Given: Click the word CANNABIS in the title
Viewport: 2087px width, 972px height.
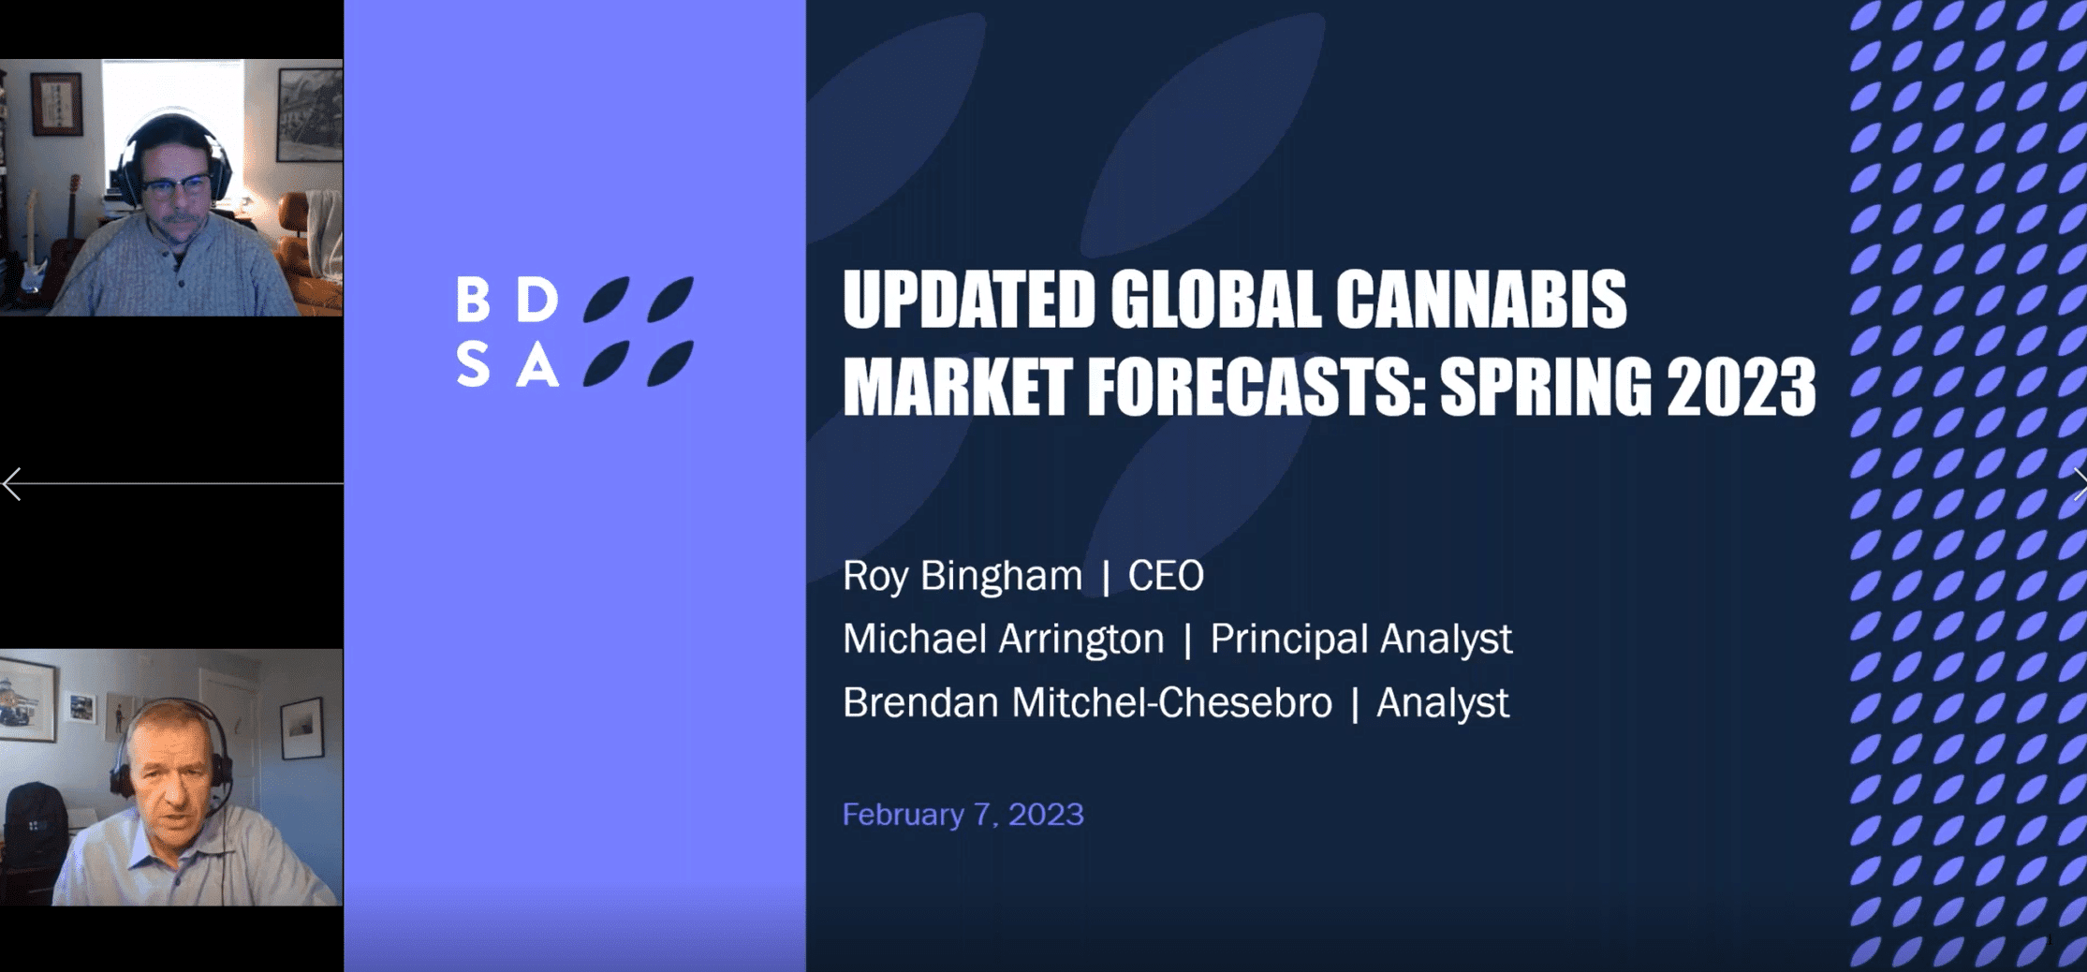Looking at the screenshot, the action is coord(1480,300).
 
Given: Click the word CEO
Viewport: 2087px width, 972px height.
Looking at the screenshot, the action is coord(1166,576).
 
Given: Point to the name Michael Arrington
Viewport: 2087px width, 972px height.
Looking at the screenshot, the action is coord(1003,640).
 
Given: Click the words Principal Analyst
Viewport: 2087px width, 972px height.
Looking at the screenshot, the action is coord(1360,640).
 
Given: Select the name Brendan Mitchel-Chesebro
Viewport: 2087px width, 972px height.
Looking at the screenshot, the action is coord(1087,702).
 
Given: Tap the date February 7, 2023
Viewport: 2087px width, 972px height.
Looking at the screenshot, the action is coord(963,815).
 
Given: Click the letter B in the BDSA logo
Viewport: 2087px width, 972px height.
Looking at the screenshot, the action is coord(473,299).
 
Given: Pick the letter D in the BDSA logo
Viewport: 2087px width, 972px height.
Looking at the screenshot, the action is coord(538,299).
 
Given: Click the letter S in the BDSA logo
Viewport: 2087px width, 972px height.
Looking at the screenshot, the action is coord(473,363).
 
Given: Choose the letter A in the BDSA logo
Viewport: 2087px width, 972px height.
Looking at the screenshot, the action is coord(538,364).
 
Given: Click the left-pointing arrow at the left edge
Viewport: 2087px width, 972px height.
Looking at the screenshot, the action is coord(13,484).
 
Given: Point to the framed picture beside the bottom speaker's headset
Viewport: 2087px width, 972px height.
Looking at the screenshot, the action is coord(301,728).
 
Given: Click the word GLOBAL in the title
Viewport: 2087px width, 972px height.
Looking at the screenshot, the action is coord(1214,300).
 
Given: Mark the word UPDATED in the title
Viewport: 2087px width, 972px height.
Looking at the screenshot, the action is coord(969,300).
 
